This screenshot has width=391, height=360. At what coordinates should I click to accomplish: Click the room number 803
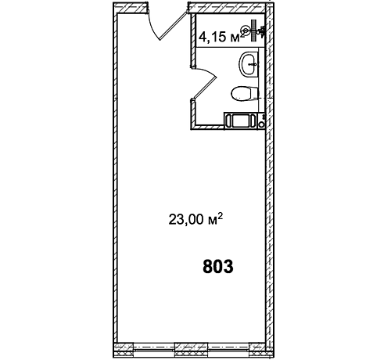pyautogui.click(x=218, y=267)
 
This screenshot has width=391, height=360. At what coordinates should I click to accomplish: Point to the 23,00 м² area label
pyautogui.click(x=196, y=219)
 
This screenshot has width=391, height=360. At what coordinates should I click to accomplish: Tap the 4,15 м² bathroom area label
pyautogui.click(x=222, y=37)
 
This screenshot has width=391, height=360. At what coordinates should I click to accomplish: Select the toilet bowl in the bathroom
pyautogui.click(x=245, y=93)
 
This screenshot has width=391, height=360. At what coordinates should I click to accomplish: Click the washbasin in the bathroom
pyautogui.click(x=249, y=64)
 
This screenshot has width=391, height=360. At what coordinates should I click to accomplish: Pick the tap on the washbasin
pyautogui.click(x=253, y=64)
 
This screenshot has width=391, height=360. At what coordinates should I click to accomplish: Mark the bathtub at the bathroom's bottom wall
pyautogui.click(x=240, y=121)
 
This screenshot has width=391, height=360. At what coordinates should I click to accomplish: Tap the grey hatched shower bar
pyautogui.click(x=253, y=31)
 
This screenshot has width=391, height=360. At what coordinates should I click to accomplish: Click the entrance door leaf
pyautogui.click(x=173, y=26)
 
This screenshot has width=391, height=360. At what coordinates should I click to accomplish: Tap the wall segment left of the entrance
pyautogui.click(x=131, y=7)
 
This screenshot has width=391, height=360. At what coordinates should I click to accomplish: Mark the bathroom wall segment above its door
pyautogui.click(x=193, y=41)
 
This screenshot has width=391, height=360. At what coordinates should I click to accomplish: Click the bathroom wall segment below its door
pyautogui.click(x=193, y=113)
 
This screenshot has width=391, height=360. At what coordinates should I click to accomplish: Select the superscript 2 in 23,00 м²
pyautogui.click(x=220, y=216)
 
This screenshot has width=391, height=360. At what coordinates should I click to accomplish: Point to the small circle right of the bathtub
pyautogui.click(x=261, y=124)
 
